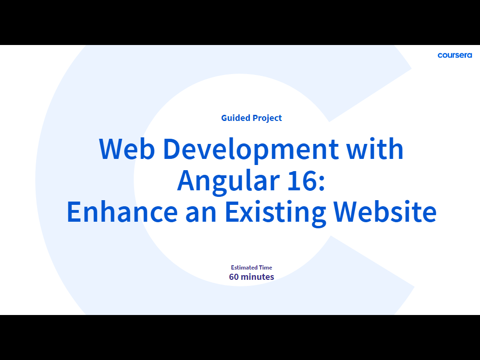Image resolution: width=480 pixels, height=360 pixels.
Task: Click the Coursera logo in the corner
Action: (455, 55)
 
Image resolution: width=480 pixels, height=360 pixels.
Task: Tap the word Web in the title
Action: (127, 149)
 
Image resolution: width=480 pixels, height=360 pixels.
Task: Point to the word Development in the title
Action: (251, 150)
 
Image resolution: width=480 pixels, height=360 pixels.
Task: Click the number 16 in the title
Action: (301, 180)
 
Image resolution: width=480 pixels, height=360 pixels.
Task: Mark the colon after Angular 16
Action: (321, 183)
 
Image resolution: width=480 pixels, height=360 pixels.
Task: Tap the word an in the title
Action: (201, 214)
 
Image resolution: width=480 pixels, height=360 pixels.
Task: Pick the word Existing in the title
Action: (275, 213)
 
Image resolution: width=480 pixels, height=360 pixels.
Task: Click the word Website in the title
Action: (385, 211)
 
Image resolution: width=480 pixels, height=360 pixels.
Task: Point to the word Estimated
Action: (244, 268)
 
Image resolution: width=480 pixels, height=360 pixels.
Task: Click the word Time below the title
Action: (265, 268)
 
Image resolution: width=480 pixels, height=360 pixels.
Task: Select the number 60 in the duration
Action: (234, 277)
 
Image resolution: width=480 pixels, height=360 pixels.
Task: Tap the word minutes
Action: (257, 277)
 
